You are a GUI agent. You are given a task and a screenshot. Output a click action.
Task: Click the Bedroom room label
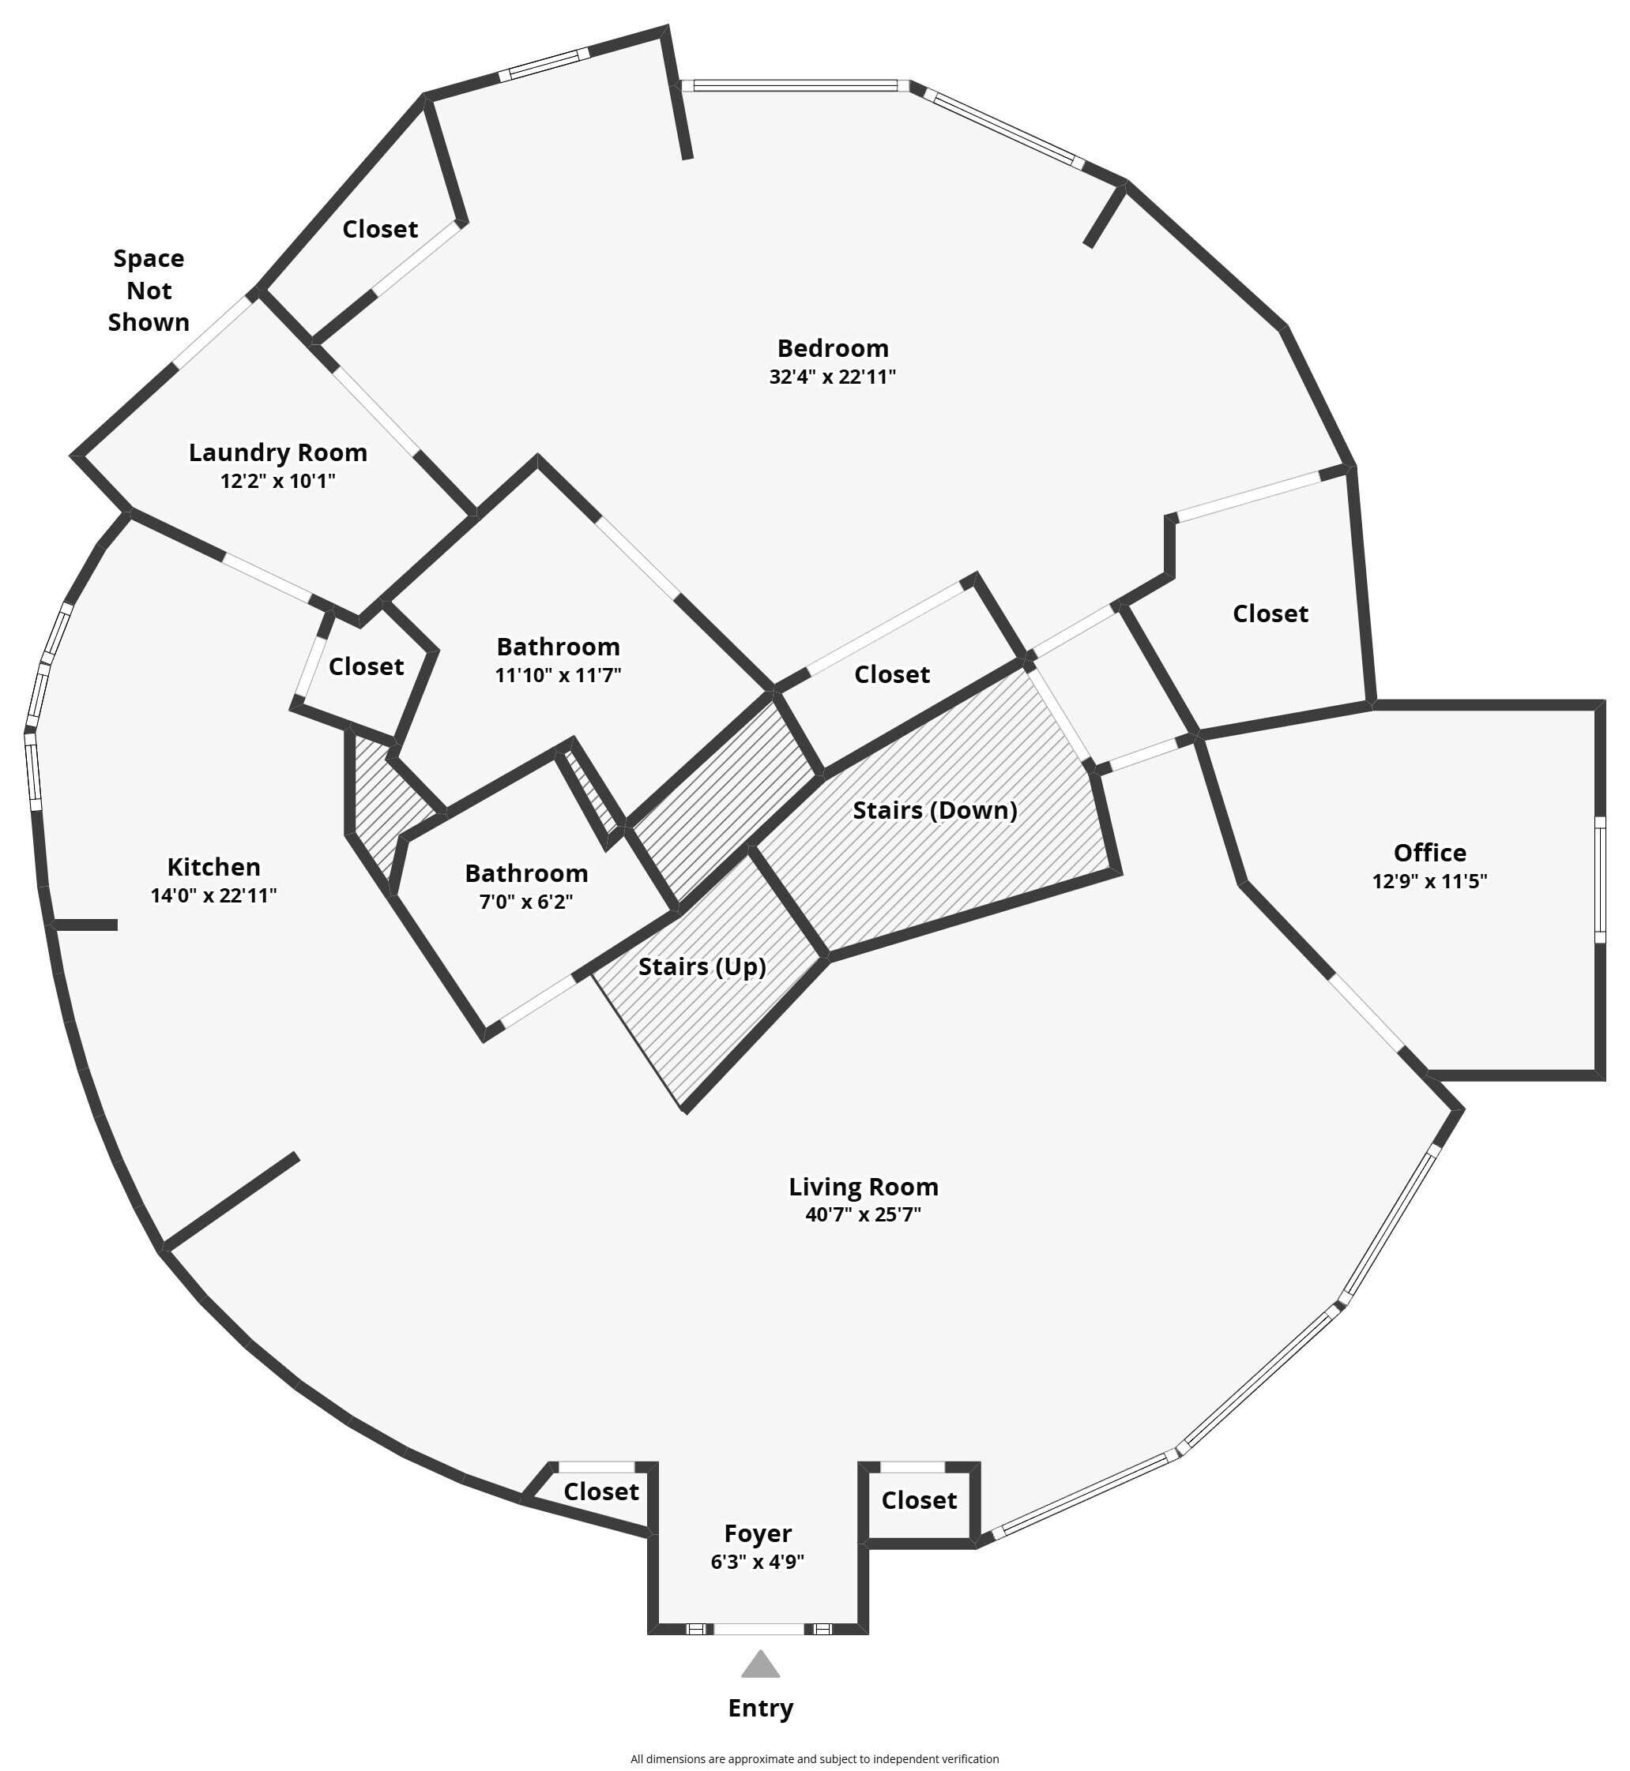(x=833, y=348)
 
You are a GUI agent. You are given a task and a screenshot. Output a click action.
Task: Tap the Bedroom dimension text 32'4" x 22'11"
(x=833, y=377)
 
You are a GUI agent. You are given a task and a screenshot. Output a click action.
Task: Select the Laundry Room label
(x=278, y=453)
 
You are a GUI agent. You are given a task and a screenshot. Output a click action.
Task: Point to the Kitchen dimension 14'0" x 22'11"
(x=213, y=895)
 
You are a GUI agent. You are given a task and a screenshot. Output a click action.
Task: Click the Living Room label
(x=864, y=1188)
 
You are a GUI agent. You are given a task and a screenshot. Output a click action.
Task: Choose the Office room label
(x=1430, y=853)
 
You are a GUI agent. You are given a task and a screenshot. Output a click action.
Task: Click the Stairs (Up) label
(x=702, y=967)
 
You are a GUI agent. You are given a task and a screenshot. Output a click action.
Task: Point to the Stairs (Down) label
(x=935, y=810)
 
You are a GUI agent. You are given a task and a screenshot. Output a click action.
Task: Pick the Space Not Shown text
(x=149, y=291)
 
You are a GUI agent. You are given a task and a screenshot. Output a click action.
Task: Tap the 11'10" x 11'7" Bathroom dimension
(x=559, y=675)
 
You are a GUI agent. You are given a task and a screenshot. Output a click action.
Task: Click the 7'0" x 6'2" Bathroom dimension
(x=526, y=902)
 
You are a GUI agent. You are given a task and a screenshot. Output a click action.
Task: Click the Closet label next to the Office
(x=1270, y=613)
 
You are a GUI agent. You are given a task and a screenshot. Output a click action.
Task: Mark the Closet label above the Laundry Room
(x=380, y=229)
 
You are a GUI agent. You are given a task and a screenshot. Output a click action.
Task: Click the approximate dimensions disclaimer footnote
(x=815, y=1758)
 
